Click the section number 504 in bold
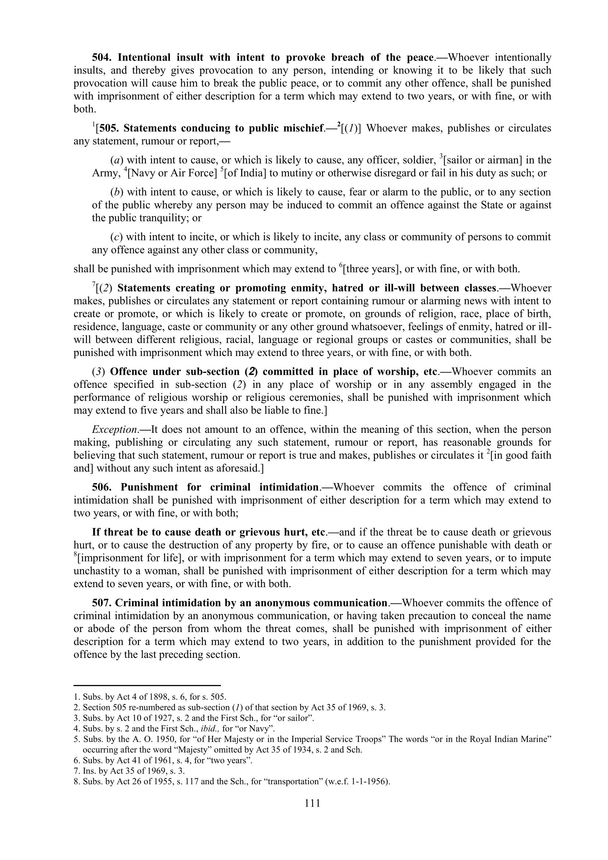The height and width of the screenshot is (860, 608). pyautogui.click(x=103, y=57)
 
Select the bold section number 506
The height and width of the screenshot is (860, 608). pyautogui.click(x=103, y=487)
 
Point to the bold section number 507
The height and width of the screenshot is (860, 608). pyautogui.click(x=103, y=603)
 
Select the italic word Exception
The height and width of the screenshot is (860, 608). pyautogui.click(x=108, y=429)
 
